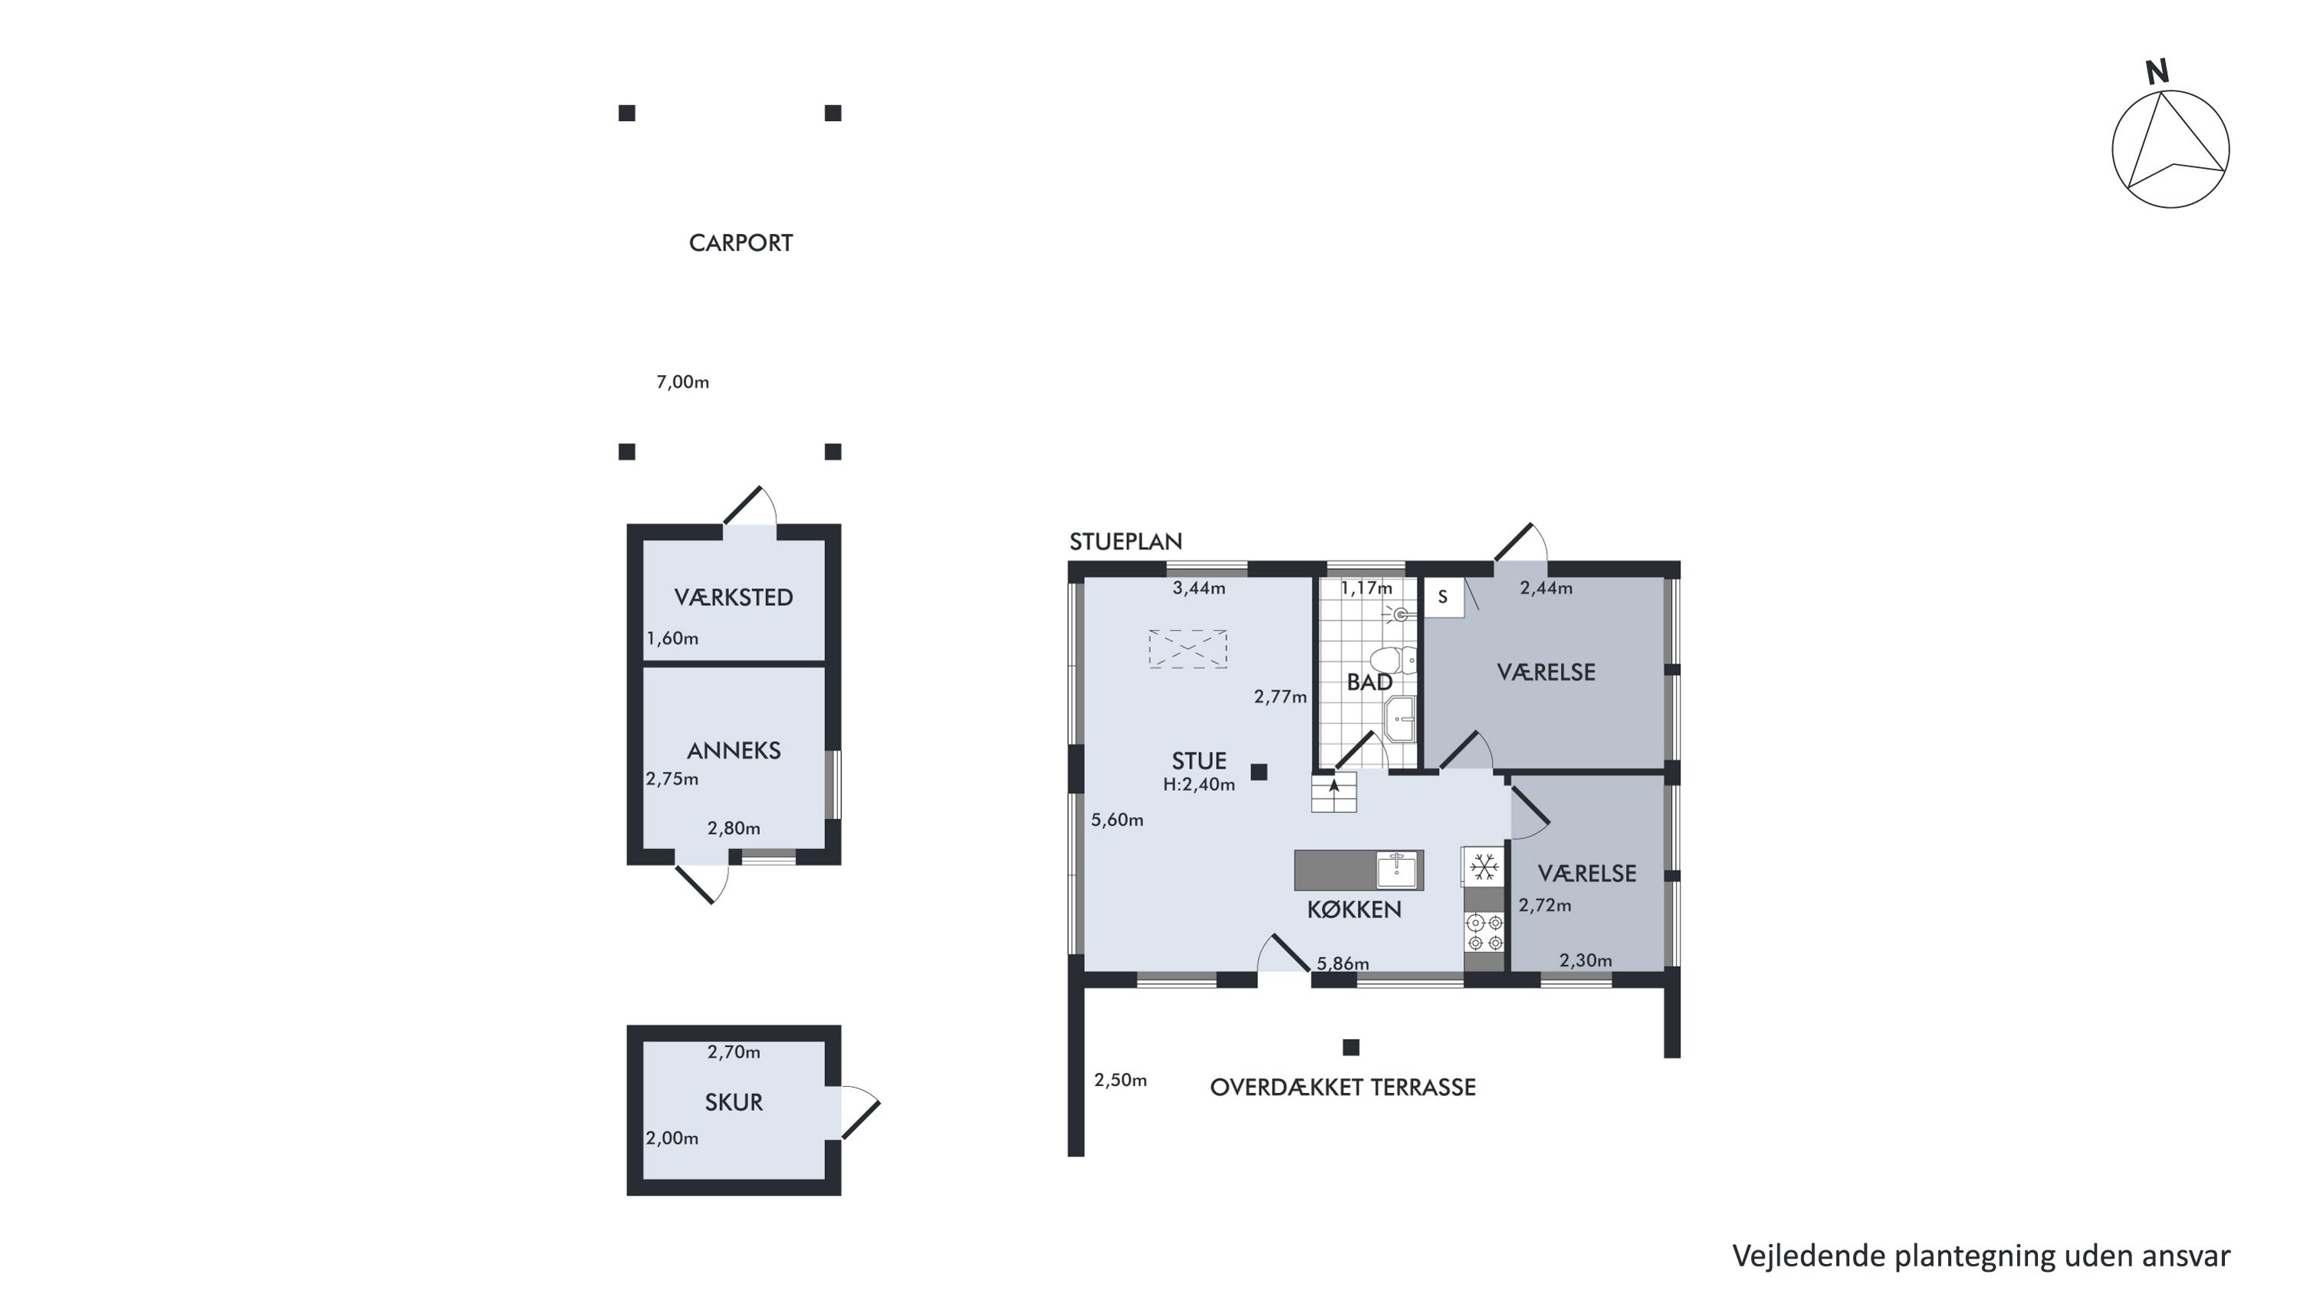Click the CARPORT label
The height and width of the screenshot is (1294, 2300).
click(x=740, y=243)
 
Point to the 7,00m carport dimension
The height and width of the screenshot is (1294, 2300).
click(x=682, y=382)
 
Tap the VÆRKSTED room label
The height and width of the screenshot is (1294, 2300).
click(x=733, y=598)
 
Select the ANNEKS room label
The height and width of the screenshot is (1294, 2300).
click(x=733, y=750)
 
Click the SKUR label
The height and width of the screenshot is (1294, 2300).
click(x=733, y=1102)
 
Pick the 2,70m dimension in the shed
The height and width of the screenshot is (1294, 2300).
click(x=733, y=1052)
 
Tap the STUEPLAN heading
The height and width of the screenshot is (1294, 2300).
click(x=1125, y=542)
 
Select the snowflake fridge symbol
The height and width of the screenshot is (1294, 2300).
click(x=1484, y=866)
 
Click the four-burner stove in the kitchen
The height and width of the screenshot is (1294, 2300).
click(x=1485, y=932)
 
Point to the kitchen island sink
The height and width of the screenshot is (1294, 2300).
click(x=1396, y=870)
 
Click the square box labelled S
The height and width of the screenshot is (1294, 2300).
click(x=1443, y=598)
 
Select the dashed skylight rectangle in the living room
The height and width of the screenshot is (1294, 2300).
click(x=1188, y=649)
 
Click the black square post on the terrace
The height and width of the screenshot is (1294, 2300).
click(x=1351, y=1047)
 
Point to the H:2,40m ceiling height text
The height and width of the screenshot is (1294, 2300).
click(x=1198, y=785)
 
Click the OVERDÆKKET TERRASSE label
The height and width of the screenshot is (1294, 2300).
click(x=1342, y=1087)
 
